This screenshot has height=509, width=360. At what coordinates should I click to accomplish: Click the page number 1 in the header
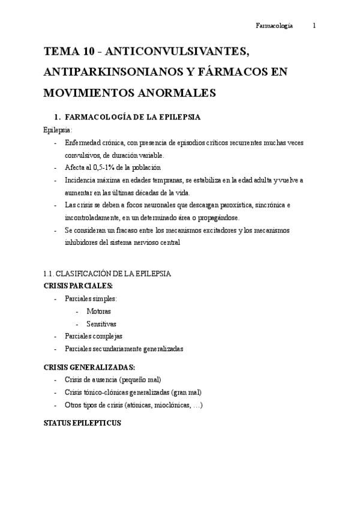tap(314, 25)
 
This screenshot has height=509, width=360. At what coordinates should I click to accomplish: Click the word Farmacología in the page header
tap(274, 25)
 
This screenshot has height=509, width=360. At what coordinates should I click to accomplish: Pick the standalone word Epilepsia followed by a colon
tap(57, 129)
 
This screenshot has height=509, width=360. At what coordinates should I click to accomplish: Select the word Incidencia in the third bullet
tap(79, 180)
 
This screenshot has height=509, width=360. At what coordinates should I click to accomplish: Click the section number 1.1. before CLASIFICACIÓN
tap(51, 274)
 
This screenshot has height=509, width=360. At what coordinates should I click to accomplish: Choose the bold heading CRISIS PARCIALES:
tap(78, 286)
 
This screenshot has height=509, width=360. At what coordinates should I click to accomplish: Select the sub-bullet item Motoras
tap(98, 311)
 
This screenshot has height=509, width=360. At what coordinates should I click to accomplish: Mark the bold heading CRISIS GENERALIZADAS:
tap(89, 367)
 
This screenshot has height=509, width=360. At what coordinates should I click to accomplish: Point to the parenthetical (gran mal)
tap(186, 393)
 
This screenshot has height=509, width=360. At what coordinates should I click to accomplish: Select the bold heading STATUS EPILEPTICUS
tap(83, 423)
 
